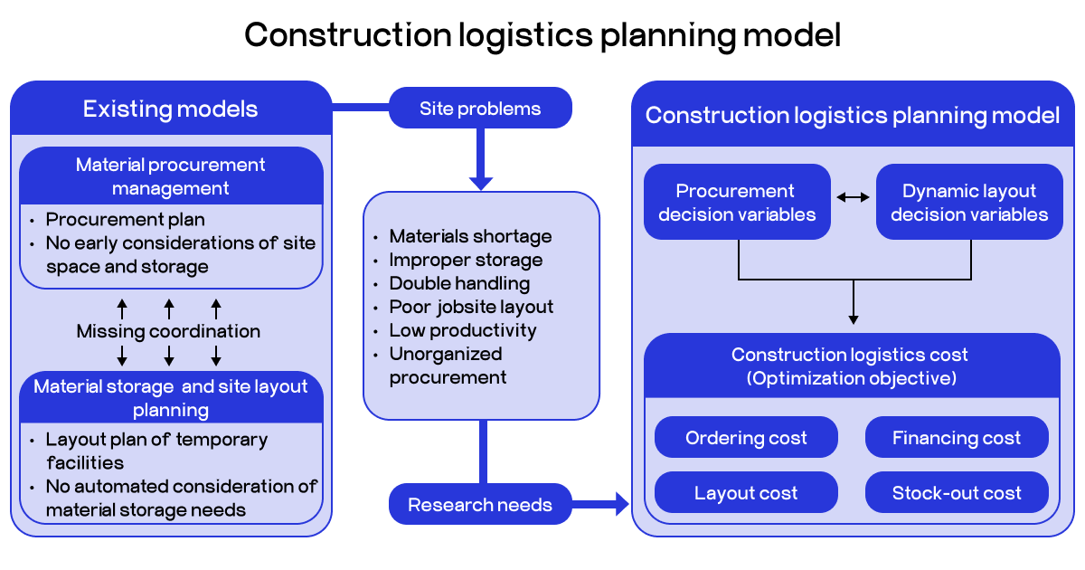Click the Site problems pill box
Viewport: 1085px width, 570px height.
tap(480, 109)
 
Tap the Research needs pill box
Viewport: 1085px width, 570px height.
tap(480, 505)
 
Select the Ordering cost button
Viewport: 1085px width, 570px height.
tap(746, 438)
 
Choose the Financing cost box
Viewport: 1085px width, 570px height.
tap(957, 438)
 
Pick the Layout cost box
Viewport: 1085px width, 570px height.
tap(746, 493)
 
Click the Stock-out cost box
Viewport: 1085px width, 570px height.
tap(957, 493)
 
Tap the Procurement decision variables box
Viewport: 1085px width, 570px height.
tap(737, 202)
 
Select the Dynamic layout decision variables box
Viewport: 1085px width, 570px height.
tap(969, 202)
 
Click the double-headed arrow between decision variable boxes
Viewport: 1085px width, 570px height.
tap(853, 196)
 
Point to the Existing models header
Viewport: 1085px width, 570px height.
tap(171, 109)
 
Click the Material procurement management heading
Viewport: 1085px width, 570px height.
tap(171, 176)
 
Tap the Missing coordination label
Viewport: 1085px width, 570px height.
tap(168, 331)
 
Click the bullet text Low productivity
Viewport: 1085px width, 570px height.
tap(463, 330)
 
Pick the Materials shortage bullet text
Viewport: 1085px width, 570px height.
tap(470, 236)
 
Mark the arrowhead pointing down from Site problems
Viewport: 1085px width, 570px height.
tap(481, 182)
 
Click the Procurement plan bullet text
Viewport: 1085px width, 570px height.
tap(126, 220)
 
